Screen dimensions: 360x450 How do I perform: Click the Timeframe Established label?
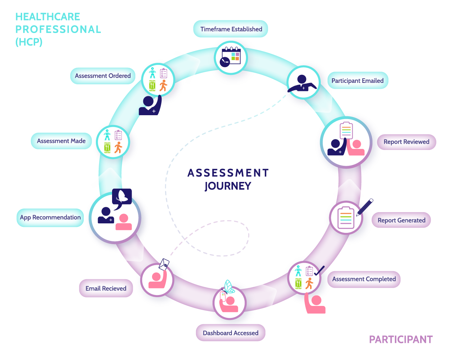coord(231,29)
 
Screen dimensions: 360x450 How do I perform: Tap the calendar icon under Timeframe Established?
coord(231,57)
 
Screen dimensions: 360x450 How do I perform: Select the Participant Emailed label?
coord(357,80)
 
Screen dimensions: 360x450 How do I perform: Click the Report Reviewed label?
coord(406,142)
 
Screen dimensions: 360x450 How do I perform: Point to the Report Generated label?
coord(401,220)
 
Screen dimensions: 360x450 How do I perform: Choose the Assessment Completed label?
coord(364,279)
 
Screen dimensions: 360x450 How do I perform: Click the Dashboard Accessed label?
coord(230,333)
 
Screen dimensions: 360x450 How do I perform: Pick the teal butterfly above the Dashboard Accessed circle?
coord(229,287)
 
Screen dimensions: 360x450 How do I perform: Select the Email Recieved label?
coord(106,288)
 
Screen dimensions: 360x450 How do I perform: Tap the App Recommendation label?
coord(50,217)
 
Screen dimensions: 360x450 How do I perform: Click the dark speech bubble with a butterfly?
coord(122,197)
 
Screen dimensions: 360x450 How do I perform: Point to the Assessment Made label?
coord(61,141)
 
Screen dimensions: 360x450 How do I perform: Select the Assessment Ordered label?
coord(103,76)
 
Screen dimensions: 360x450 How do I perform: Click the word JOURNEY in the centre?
coord(228,186)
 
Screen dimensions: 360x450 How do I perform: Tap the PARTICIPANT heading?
coord(401,340)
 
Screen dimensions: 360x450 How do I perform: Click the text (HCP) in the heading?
coord(29,42)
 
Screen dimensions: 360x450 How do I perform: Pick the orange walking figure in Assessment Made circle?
coord(118,148)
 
